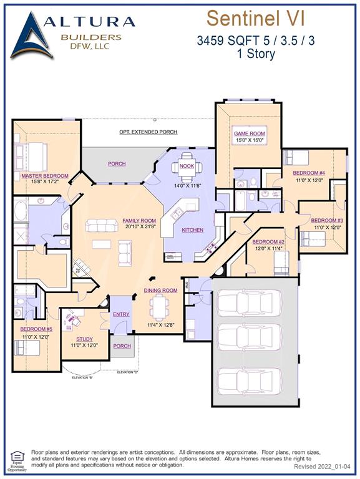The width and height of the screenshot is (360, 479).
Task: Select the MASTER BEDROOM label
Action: pos(44,176)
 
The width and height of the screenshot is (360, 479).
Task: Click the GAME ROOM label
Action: pos(250,133)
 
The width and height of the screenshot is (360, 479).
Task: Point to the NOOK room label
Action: pos(187,166)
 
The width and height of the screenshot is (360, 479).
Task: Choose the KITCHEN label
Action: pos(193,230)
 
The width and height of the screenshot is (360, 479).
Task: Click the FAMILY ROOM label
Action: pos(139,221)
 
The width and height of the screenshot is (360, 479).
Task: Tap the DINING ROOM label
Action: pos(161,290)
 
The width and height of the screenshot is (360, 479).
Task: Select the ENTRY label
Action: pos(122,314)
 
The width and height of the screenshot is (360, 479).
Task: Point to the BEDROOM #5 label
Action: pos(36,329)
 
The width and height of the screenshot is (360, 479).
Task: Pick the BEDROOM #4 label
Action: pos(309,173)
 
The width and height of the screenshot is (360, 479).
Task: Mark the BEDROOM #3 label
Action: pos(327,220)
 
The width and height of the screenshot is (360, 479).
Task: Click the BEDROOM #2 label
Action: pos(268,242)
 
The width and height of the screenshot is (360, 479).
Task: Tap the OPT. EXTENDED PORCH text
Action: pos(148,132)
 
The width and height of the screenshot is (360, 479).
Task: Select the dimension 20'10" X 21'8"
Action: pos(139,227)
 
